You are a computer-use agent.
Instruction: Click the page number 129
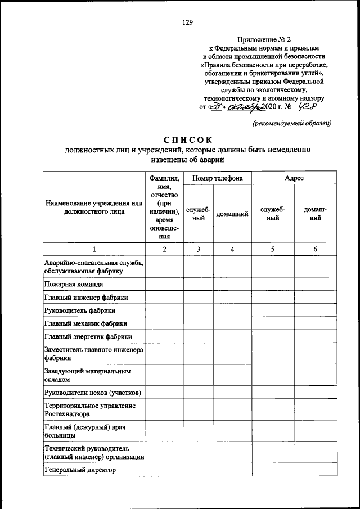tap(187, 22)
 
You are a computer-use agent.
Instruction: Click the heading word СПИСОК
tap(187, 139)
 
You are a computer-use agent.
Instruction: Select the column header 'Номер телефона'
tap(217, 178)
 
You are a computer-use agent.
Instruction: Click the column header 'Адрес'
tap(294, 178)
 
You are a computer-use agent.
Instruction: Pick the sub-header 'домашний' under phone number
tap(232, 214)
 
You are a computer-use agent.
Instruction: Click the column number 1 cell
tap(94, 249)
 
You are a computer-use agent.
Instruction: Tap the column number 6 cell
tap(315, 249)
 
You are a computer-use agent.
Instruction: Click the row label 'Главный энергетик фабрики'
tap(88, 337)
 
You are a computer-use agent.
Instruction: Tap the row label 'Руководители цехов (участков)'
tap(92, 392)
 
